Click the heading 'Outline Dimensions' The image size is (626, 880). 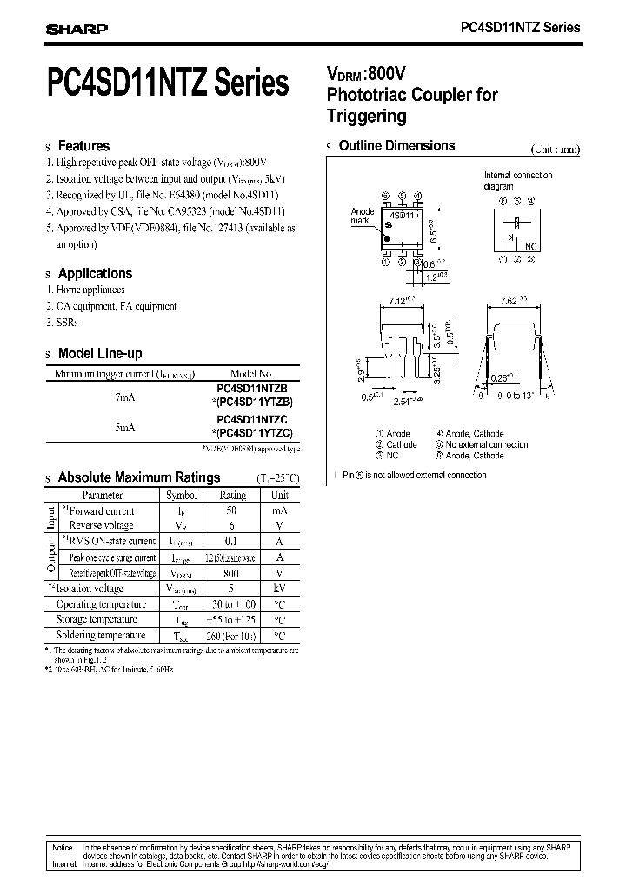pos(396,146)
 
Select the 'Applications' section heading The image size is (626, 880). pos(95,273)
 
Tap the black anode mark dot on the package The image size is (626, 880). pos(389,223)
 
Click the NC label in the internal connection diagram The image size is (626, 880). pos(531,247)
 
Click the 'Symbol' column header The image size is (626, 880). pos(182,495)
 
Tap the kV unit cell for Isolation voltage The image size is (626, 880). pos(279,589)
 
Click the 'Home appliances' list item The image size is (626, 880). pos(90,290)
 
